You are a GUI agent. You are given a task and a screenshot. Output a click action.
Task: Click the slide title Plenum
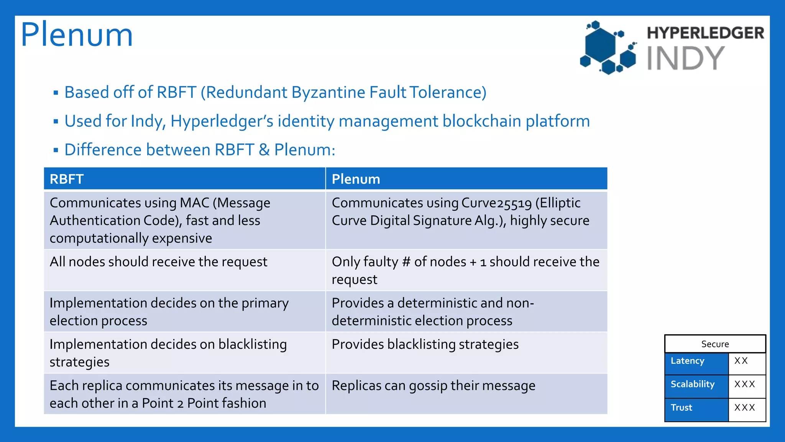coord(77,35)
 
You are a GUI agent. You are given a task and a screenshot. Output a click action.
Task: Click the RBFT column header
coord(67,179)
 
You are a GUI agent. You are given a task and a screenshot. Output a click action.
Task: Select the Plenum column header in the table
coord(356,179)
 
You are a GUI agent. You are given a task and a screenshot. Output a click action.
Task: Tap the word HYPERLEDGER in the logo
coord(705,33)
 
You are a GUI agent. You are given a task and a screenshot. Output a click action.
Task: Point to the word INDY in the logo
coord(685,58)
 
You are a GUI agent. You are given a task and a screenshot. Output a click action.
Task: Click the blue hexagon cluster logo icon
coord(608,48)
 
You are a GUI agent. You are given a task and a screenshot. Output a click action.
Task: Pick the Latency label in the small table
coord(687,361)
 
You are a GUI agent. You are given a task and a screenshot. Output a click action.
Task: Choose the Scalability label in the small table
coord(692,384)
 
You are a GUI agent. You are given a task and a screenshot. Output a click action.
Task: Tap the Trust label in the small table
coord(681,407)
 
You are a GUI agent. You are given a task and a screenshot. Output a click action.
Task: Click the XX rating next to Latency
coord(741,361)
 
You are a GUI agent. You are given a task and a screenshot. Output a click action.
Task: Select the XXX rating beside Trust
coord(744,407)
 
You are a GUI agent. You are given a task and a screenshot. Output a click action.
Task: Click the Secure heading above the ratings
coord(715,344)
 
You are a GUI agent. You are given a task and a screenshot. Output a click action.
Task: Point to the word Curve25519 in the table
coord(497,203)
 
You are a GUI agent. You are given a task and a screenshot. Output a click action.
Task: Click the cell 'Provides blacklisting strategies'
coord(425,345)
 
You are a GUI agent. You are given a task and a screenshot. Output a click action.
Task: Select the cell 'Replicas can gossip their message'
coord(434,386)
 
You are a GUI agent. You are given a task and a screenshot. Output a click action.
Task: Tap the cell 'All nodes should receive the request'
coord(158,262)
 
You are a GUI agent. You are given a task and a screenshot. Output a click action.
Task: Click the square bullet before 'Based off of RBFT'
coord(56,93)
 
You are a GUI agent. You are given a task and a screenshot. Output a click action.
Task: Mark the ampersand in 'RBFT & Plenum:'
coord(264,150)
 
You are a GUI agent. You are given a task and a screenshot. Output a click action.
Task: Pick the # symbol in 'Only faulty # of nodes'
coord(406,262)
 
